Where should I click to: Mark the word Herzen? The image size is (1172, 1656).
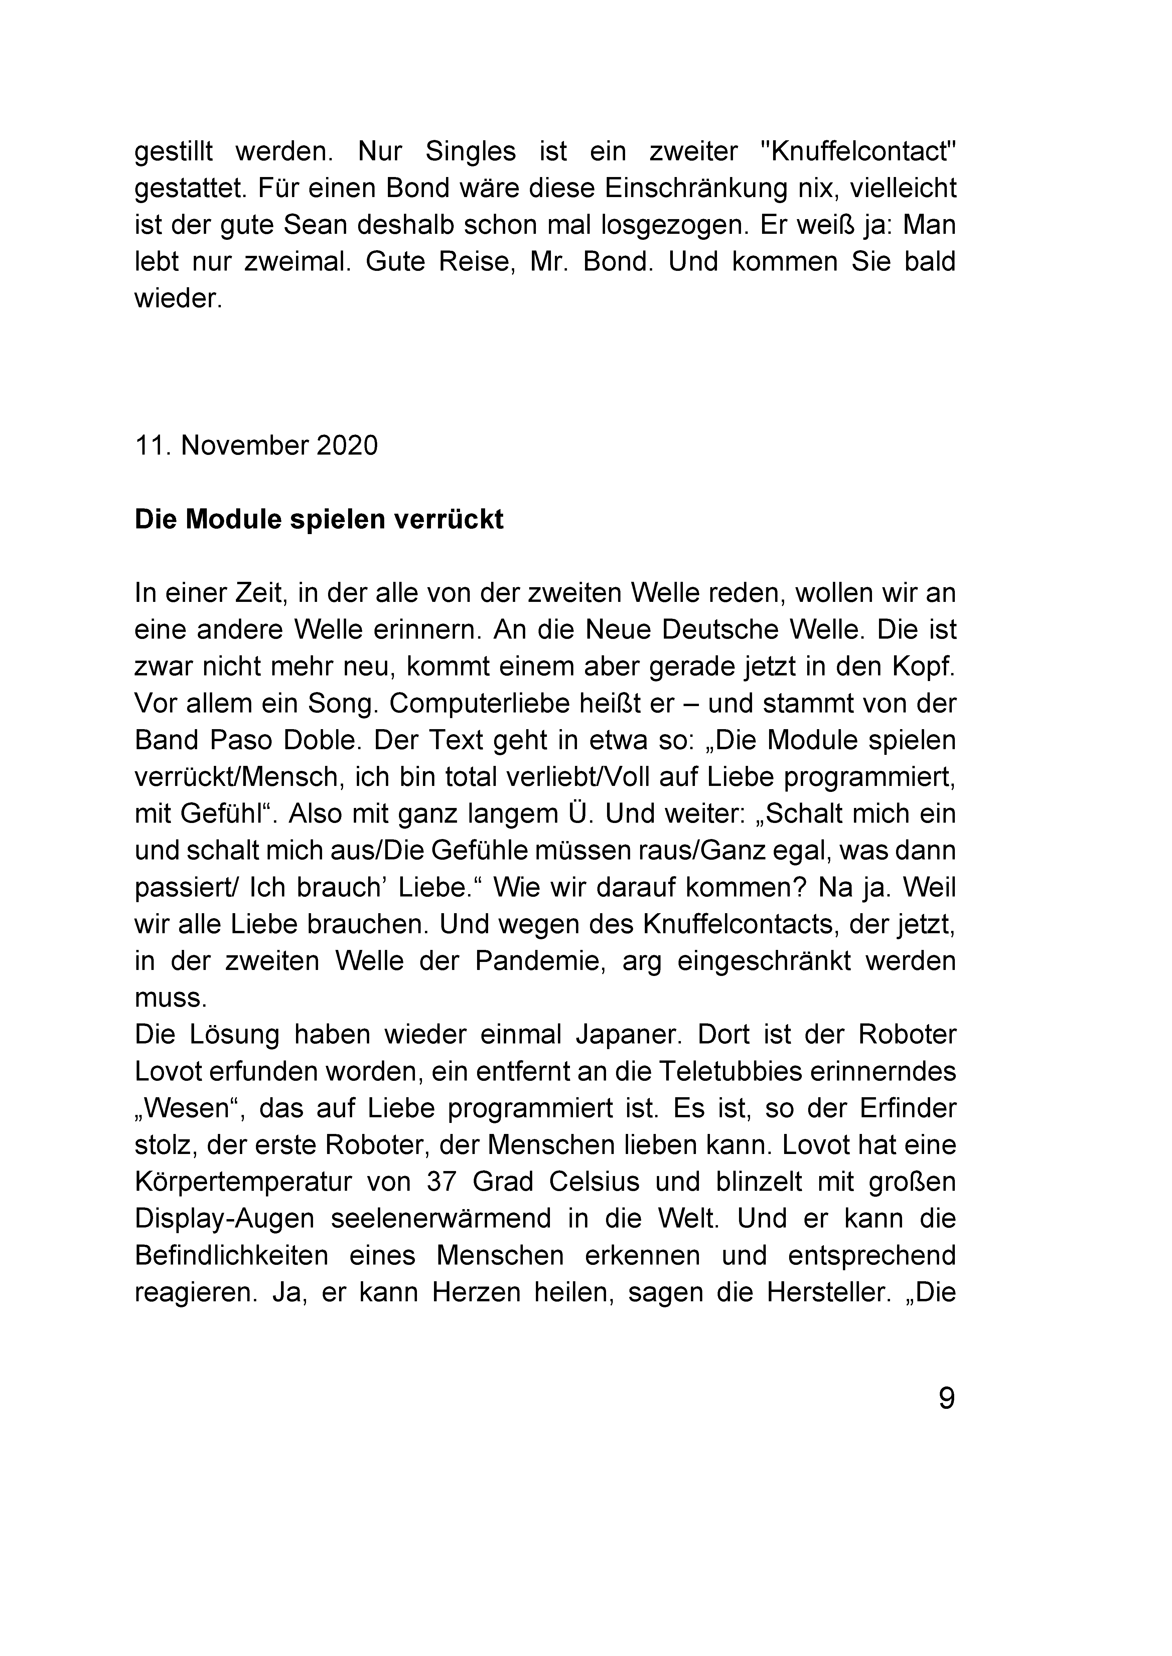(x=476, y=1292)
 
